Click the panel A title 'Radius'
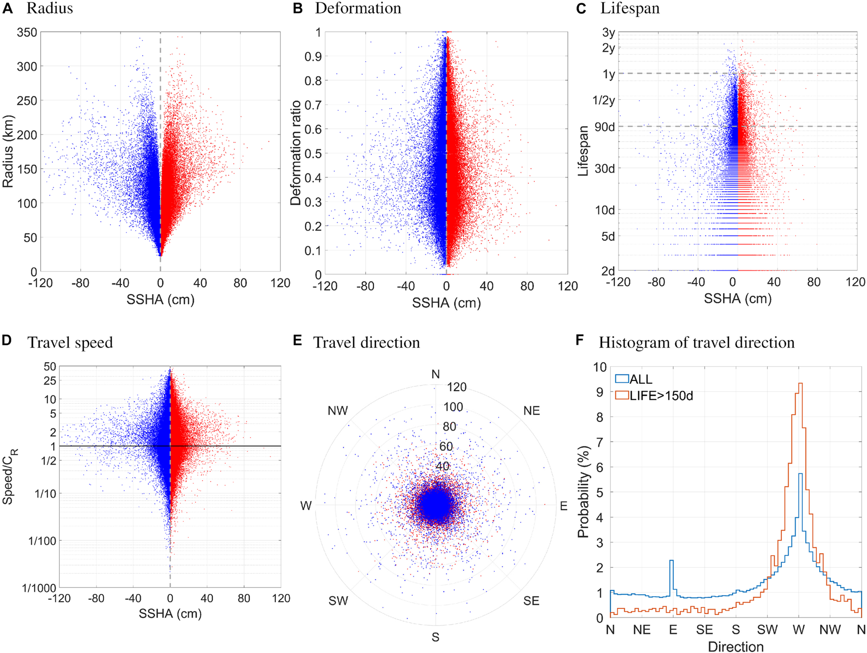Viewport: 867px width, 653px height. point(49,8)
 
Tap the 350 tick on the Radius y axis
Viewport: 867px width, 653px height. point(27,32)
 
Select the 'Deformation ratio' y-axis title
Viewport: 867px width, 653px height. point(296,153)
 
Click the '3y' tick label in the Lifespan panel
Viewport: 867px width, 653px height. point(608,32)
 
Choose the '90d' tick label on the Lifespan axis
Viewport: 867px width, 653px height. point(604,127)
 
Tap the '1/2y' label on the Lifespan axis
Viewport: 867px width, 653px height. point(603,100)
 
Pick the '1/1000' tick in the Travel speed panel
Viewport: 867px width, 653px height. point(39,588)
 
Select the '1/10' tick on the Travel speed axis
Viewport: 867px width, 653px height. point(46,493)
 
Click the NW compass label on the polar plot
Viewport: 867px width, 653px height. point(338,411)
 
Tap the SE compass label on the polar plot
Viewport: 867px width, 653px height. point(531,601)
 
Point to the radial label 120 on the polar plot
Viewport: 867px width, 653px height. point(456,387)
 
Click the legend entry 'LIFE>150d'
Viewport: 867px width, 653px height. point(661,396)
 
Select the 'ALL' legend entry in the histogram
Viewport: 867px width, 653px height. point(640,379)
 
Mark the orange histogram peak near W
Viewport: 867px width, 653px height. point(800,384)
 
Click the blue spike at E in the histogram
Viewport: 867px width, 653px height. point(672,561)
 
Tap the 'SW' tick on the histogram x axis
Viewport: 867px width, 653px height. point(767,630)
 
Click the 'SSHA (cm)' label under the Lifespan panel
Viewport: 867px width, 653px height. point(737,299)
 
